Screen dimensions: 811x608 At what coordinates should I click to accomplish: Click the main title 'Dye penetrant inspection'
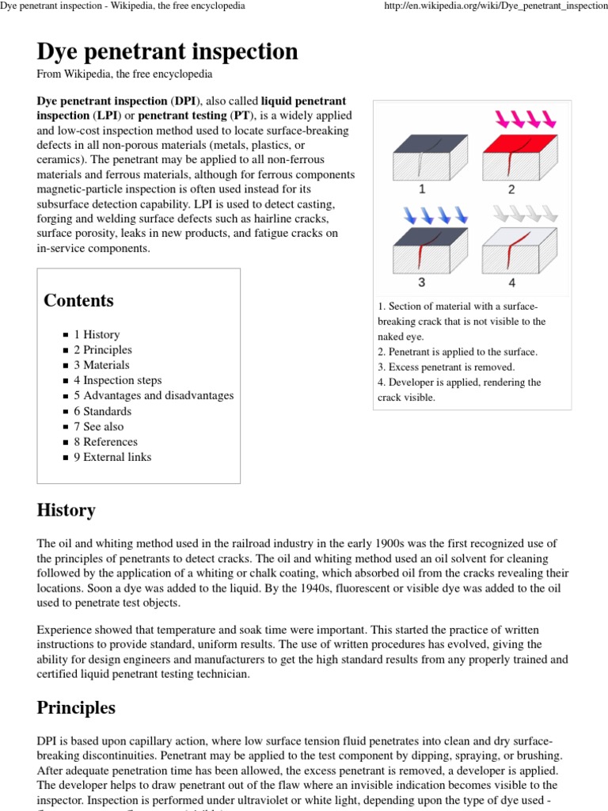(x=167, y=51)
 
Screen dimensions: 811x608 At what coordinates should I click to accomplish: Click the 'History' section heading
(x=66, y=510)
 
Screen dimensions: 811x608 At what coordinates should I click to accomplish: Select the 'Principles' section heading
(x=76, y=707)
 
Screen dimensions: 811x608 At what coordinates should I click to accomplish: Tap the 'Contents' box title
(x=78, y=300)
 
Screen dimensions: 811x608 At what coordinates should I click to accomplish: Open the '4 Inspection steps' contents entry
(x=117, y=380)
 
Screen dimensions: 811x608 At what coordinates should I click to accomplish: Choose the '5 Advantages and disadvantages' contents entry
(x=154, y=395)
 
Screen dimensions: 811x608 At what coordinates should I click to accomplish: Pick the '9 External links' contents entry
(x=112, y=457)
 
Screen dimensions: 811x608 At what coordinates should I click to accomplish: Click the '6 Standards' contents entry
(x=103, y=411)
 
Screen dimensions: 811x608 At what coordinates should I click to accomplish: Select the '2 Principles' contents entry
(x=103, y=349)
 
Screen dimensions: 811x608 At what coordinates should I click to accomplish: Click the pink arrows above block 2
(x=526, y=120)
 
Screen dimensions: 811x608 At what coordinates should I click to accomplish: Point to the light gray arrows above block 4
(x=524, y=215)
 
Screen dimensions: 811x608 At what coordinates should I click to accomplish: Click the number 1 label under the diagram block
(x=422, y=189)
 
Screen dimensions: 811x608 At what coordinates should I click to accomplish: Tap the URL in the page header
(x=495, y=6)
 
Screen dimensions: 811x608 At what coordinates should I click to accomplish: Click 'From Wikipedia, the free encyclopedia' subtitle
(x=124, y=74)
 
